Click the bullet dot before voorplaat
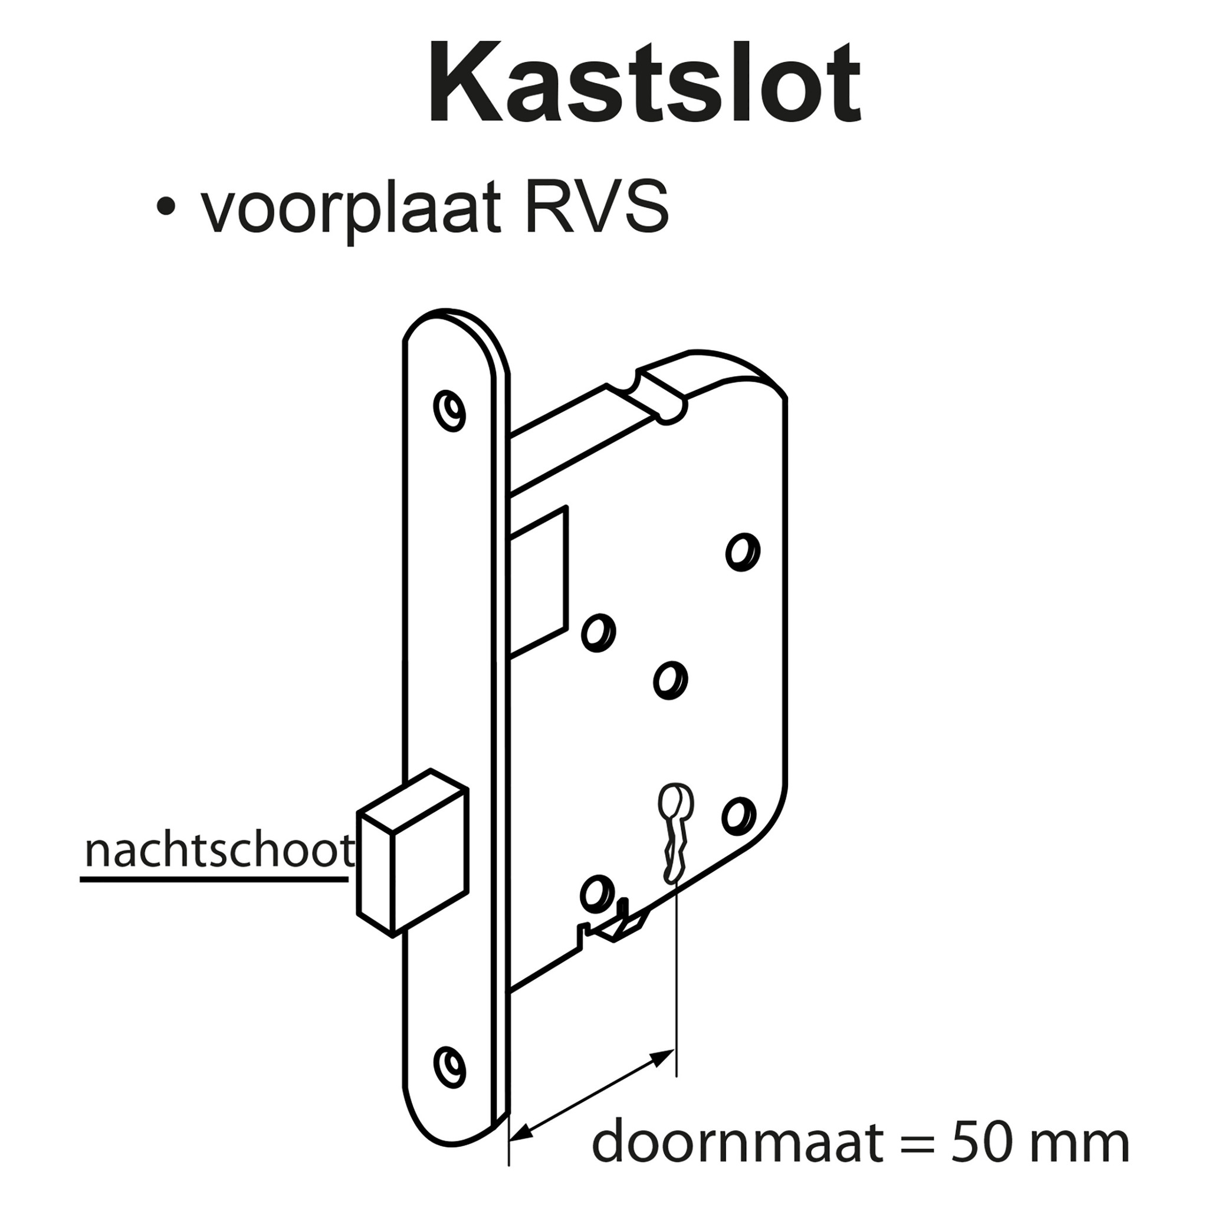165,207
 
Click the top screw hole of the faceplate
450,411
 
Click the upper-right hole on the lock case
743,552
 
